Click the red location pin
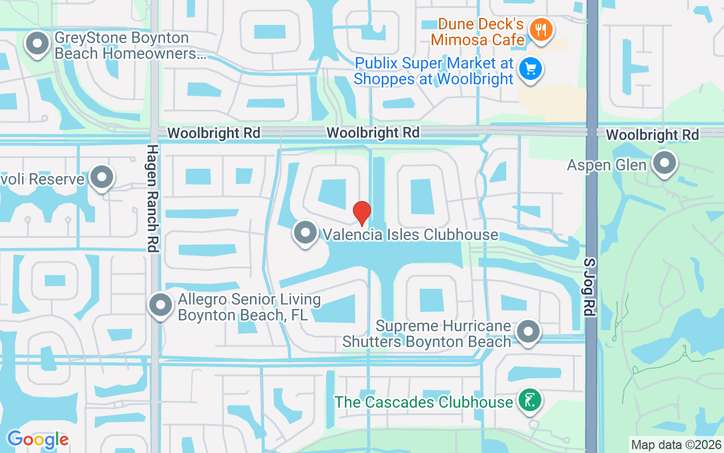[362, 213]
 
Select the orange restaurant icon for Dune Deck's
[541, 30]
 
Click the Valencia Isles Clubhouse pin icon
[306, 233]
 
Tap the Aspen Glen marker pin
[665, 163]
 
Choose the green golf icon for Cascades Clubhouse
[529, 400]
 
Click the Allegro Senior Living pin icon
[161, 305]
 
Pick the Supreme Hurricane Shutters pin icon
[528, 332]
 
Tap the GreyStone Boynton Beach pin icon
[38, 44]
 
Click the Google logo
[38, 439]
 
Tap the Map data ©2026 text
[676, 445]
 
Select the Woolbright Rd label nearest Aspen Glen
[652, 135]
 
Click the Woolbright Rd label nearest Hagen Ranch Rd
[214, 133]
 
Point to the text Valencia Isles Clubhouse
[410, 234]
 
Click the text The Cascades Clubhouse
[423, 402]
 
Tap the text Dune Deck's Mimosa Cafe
[479, 32]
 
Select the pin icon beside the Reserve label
[102, 177]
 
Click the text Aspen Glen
[606, 165]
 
